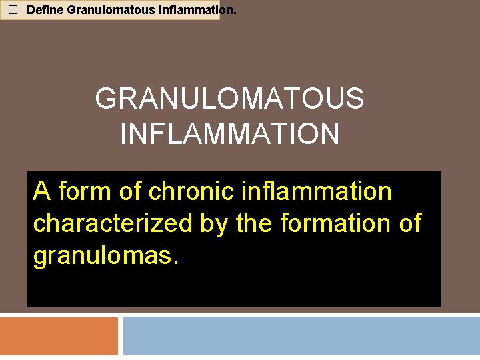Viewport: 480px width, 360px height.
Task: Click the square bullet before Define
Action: (x=11, y=11)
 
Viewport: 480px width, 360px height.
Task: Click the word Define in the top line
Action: (x=45, y=11)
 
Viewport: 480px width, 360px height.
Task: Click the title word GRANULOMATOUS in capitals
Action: (x=229, y=99)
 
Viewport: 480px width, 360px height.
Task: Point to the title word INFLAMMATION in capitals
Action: (x=229, y=133)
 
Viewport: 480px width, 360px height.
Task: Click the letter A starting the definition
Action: (x=42, y=192)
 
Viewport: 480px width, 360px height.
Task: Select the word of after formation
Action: (x=409, y=224)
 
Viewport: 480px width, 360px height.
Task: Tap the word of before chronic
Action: (x=131, y=192)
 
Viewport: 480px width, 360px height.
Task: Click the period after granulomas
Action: (x=175, y=262)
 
